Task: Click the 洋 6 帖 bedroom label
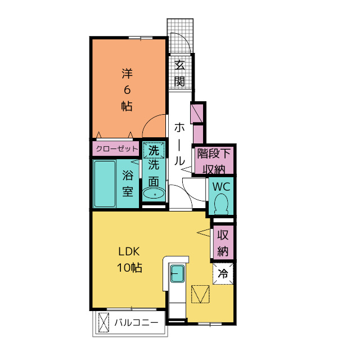[127, 90]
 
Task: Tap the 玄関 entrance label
[179, 73]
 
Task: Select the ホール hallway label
[179, 144]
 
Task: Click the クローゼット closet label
[116, 148]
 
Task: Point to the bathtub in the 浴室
[105, 184]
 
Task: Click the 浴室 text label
[128, 183]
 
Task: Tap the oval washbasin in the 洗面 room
[154, 194]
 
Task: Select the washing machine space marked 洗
[154, 150]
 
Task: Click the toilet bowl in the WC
[221, 204]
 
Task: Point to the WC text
[221, 187]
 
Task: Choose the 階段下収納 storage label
[214, 161]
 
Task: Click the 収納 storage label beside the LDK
[223, 243]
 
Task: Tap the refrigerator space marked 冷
[223, 274]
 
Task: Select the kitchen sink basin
[178, 273]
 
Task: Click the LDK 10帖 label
[129, 260]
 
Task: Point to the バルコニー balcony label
[136, 322]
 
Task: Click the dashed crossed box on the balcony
[103, 322]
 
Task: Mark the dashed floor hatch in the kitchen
[200, 294]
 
